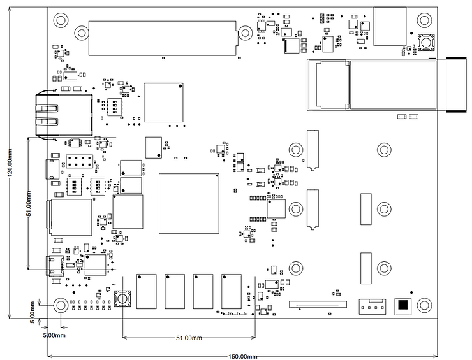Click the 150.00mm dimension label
(240, 356)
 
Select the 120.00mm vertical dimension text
(9, 168)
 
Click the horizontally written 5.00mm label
(54, 335)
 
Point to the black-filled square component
(402, 306)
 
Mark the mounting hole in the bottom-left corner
(61, 305)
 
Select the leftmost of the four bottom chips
(146, 291)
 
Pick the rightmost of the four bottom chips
(231, 291)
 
